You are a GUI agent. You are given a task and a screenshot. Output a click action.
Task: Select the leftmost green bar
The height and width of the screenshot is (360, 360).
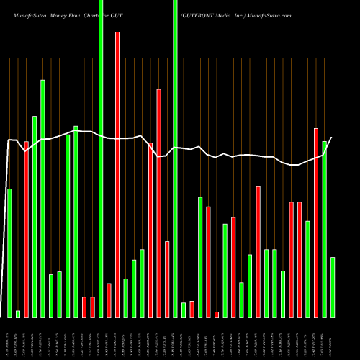(9, 252)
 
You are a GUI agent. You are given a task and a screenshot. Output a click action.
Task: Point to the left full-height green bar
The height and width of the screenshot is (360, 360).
(101, 158)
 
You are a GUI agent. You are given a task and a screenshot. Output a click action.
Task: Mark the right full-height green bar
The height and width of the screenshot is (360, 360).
(175, 158)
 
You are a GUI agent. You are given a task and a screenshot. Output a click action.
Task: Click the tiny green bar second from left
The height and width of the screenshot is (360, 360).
(18, 313)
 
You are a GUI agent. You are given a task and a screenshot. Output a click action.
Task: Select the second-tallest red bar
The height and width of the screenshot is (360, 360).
(159, 202)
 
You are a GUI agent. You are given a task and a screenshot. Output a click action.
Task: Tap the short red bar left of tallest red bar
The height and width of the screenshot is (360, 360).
(109, 300)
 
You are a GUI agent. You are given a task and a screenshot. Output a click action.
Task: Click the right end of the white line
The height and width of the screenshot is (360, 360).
(332, 138)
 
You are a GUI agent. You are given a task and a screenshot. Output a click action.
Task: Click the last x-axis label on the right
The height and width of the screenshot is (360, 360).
(333, 338)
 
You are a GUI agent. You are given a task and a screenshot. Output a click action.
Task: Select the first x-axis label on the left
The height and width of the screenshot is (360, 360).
(9, 338)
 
